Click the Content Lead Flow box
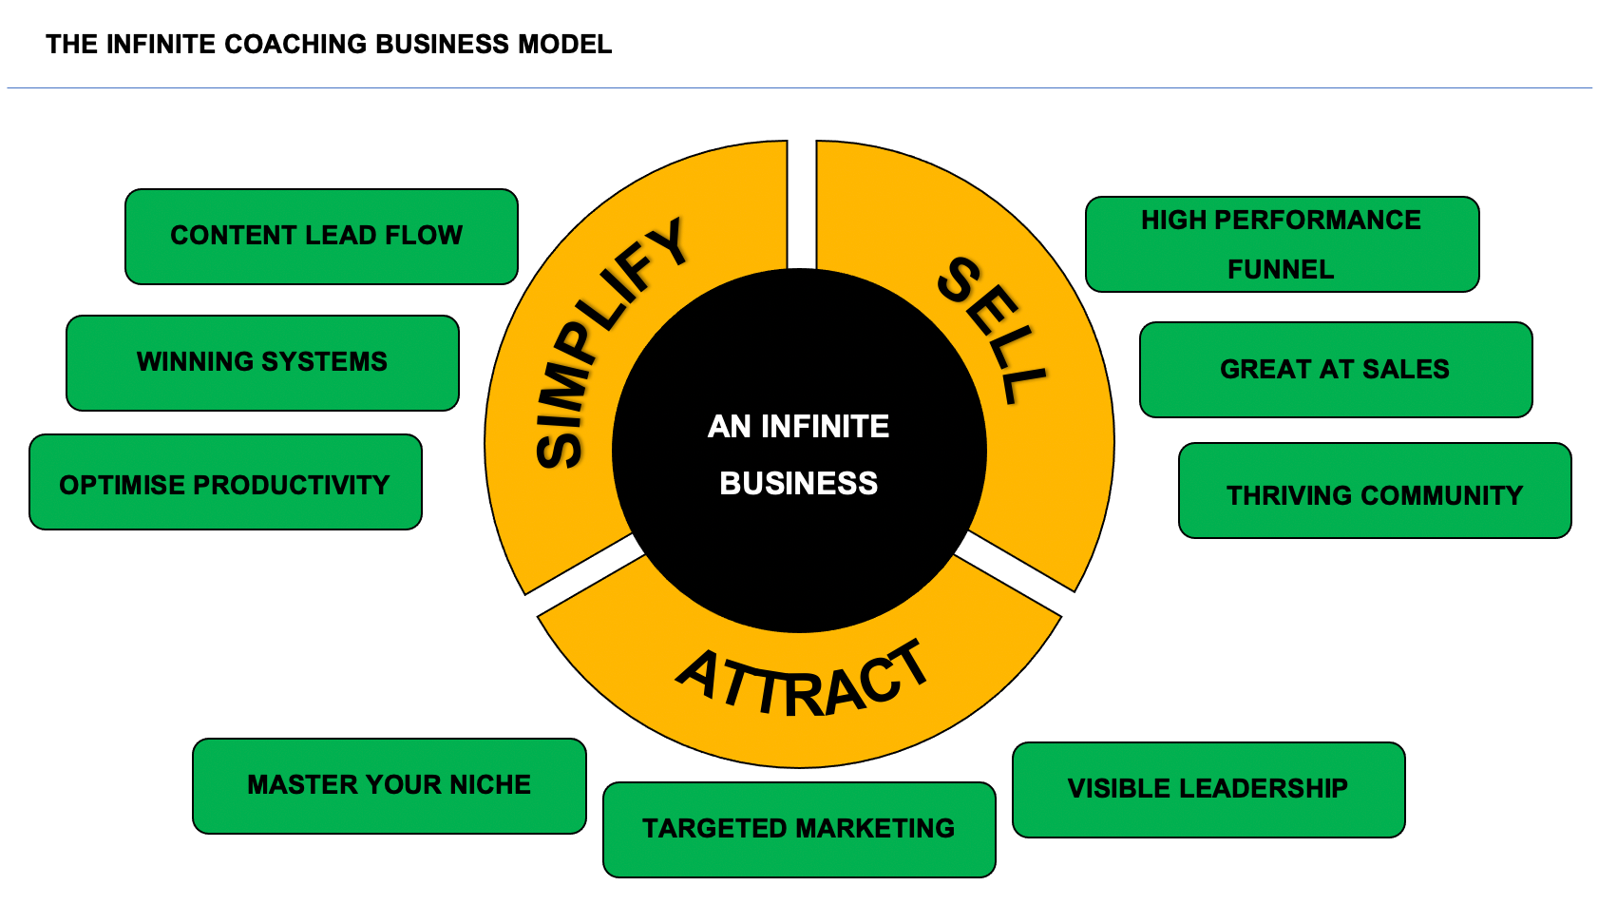pyautogui.click(x=321, y=236)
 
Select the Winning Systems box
pyautogui.click(x=262, y=362)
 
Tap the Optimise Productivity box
pyautogui.click(x=225, y=483)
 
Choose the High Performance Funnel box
pyautogui.click(x=1282, y=244)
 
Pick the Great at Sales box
pyautogui.click(x=1335, y=369)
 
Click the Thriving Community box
pyautogui.click(x=1374, y=491)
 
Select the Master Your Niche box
pyautogui.click(x=389, y=785)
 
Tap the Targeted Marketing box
pyautogui.click(x=798, y=829)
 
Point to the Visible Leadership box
pyautogui.click(x=1208, y=789)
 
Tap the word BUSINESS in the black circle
pyautogui.click(x=798, y=484)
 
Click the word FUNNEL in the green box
pyautogui.click(x=1281, y=270)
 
